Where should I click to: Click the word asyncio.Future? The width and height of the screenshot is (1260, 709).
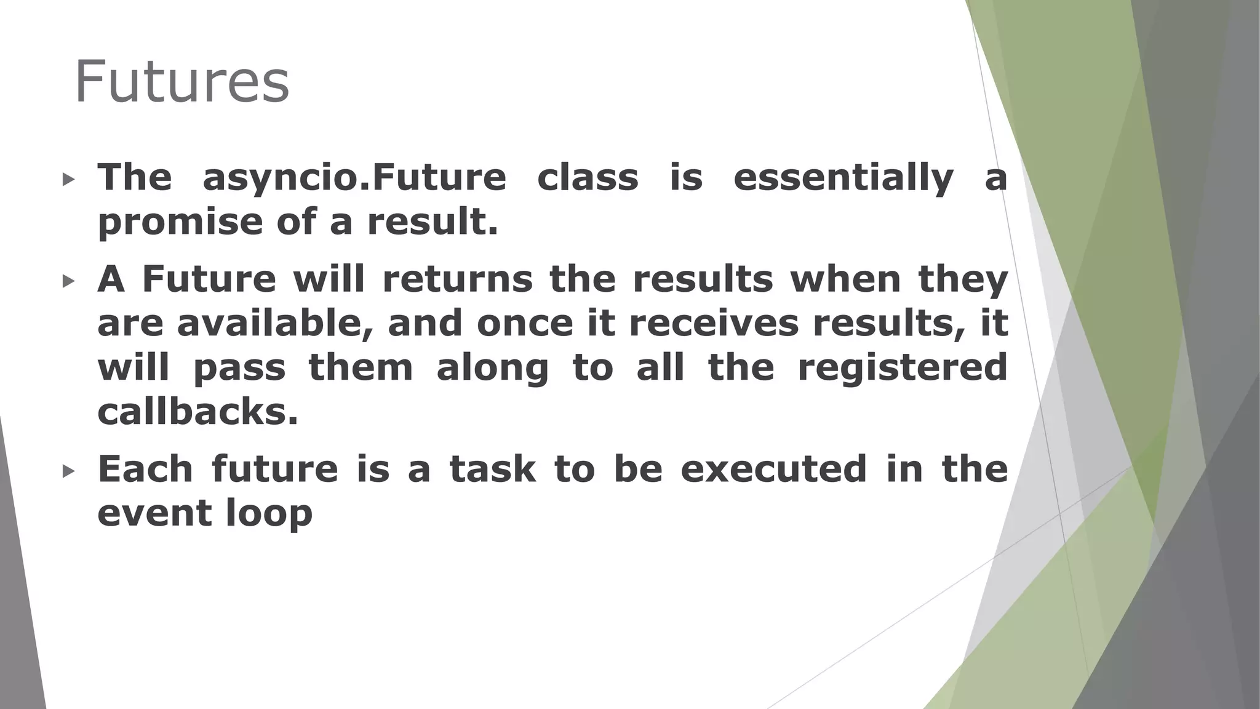354,178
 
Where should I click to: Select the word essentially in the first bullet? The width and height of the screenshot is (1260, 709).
843,178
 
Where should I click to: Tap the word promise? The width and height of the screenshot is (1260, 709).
179,222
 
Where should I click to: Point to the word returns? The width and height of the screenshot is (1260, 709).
457,279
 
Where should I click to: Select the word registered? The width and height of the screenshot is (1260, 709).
902,368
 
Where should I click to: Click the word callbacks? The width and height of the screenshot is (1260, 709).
197,412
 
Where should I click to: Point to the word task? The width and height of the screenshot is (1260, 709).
492,469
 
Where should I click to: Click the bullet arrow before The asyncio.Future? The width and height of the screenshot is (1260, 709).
68,180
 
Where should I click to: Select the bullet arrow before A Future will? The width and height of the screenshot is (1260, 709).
68,282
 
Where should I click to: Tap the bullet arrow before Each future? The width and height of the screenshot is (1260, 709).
68,471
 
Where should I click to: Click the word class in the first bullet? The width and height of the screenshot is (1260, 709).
588,178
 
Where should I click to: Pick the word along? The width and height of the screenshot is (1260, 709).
492,368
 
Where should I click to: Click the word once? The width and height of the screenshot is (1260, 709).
525,324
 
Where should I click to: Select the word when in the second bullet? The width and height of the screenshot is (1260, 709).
845,279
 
